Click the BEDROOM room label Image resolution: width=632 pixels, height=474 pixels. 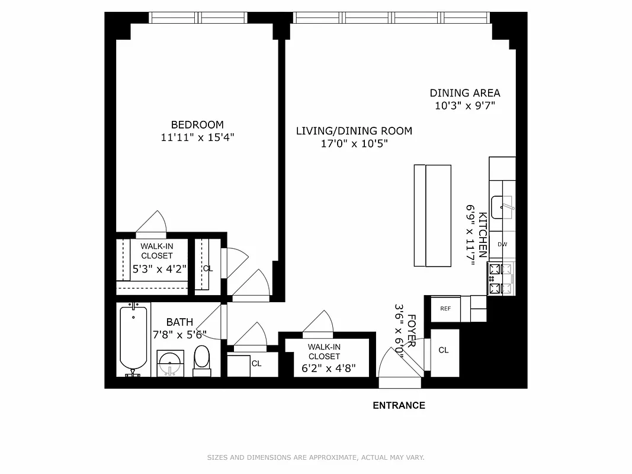point(197,124)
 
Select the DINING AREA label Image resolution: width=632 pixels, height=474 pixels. point(464,93)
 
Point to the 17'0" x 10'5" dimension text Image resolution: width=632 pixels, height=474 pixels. point(354,144)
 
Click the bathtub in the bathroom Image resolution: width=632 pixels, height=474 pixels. point(133,339)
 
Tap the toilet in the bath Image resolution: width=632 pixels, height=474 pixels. point(202,360)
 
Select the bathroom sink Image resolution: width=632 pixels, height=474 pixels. point(171,362)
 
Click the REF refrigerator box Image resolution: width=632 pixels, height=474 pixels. point(445,309)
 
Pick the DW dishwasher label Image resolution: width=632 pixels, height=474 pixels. point(502,244)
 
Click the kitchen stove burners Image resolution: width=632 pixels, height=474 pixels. point(501,278)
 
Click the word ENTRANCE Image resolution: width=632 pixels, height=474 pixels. point(399,406)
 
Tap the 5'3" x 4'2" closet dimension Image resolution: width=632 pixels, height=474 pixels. point(159,268)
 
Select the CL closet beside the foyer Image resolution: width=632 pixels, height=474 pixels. point(444,350)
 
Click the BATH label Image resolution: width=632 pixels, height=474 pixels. point(179,322)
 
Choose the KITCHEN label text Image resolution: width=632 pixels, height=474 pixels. point(483,235)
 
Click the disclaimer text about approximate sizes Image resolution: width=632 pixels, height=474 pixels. point(316,457)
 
